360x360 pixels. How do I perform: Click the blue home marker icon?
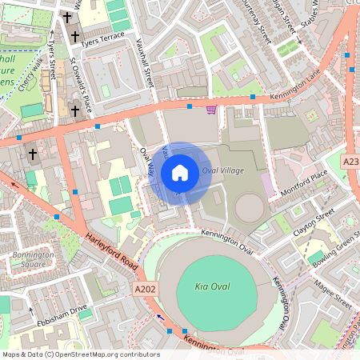pyautogui.click(x=180, y=173)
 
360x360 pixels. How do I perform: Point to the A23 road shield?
pyautogui.click(x=350, y=162)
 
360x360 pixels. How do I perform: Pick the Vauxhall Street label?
pyautogui.click(x=146, y=65)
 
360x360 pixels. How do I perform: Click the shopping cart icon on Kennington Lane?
pyautogui.click(x=211, y=110)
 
